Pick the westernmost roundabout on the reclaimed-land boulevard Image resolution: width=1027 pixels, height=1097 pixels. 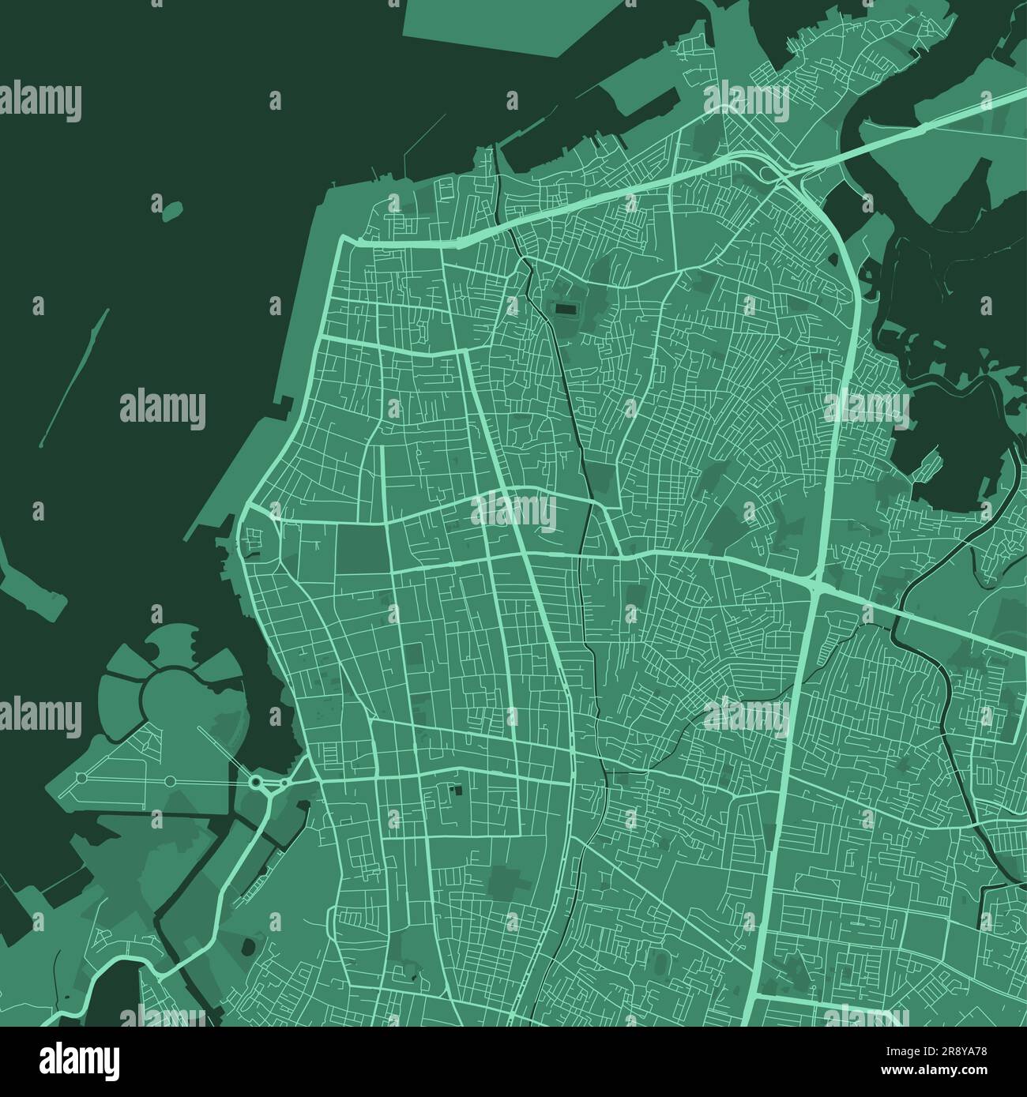pos(80,779)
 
